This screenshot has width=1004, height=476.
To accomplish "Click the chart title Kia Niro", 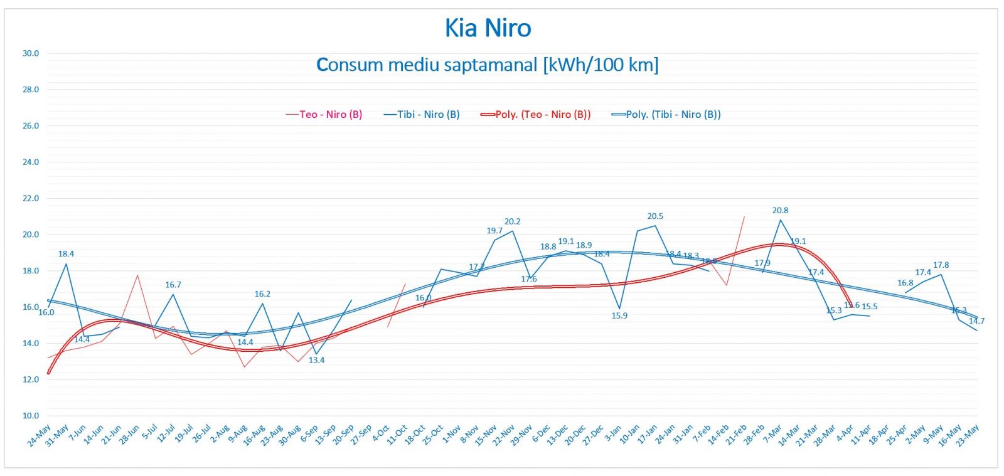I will pyautogui.click(x=488, y=28).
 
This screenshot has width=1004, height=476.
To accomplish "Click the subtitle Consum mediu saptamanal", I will pyautogui.click(x=488, y=65).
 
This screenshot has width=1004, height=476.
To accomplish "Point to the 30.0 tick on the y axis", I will pyautogui.click(x=31, y=53).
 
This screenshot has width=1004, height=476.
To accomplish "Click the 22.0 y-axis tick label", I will pyautogui.click(x=31, y=198).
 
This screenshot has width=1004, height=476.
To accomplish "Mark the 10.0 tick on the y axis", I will pyautogui.click(x=31, y=415).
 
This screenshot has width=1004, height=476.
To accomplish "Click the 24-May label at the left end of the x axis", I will pyautogui.click(x=39, y=435).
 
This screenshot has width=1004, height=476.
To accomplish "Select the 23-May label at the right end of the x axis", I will pyautogui.click(x=967, y=435).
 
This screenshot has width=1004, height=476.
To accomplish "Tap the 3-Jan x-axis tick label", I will pyautogui.click(x=612, y=433).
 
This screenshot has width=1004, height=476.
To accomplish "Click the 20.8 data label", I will pyautogui.click(x=780, y=210).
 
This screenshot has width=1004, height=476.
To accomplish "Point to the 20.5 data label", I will pyautogui.click(x=655, y=216).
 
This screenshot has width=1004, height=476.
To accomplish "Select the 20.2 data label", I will pyautogui.click(x=512, y=221).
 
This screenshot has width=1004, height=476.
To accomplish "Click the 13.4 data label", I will pyautogui.click(x=316, y=360).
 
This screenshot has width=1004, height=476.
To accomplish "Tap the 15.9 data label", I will pyautogui.click(x=619, y=315).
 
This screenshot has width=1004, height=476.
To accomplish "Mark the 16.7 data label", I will pyautogui.click(x=173, y=285).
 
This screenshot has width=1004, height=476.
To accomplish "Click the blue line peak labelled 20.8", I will pyautogui.click(x=781, y=219).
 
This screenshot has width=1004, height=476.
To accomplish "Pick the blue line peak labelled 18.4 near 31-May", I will pyautogui.click(x=67, y=263).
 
